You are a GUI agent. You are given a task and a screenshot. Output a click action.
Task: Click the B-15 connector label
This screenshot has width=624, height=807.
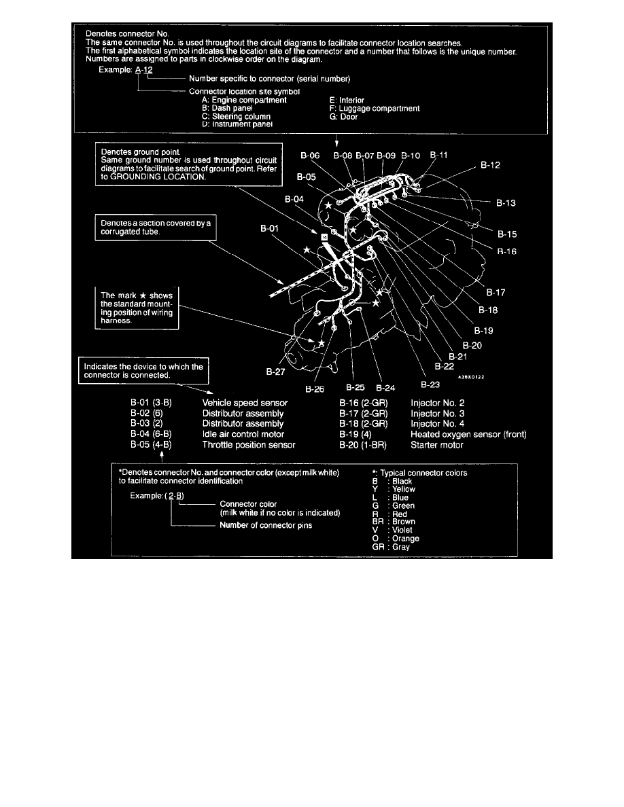coord(507,234)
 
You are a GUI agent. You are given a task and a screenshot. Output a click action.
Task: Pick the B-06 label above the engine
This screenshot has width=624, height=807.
coord(310,156)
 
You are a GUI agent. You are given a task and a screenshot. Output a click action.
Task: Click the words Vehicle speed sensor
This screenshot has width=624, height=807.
coord(245,403)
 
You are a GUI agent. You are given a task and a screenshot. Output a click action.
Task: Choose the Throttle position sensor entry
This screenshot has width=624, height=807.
coord(249,445)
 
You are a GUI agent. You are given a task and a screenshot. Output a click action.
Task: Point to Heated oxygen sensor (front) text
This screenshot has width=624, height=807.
coord(468,434)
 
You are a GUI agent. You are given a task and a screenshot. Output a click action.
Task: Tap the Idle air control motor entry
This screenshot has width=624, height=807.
coord(243,434)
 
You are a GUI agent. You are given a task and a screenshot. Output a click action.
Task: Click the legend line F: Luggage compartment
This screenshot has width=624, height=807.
coord(374,109)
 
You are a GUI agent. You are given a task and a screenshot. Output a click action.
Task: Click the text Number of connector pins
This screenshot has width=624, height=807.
coord(266,525)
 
